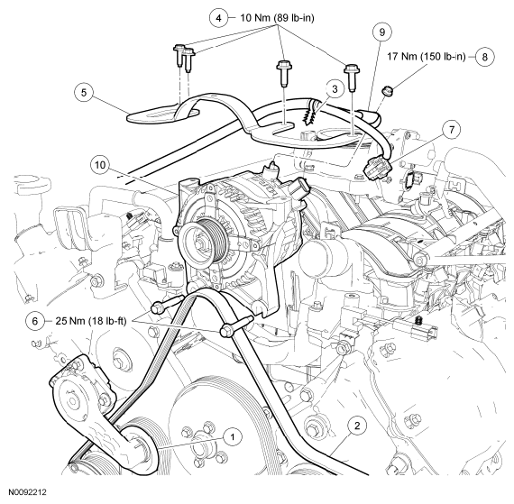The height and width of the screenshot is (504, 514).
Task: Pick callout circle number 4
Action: click(217, 16)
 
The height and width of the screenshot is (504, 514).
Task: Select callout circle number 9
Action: click(382, 32)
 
